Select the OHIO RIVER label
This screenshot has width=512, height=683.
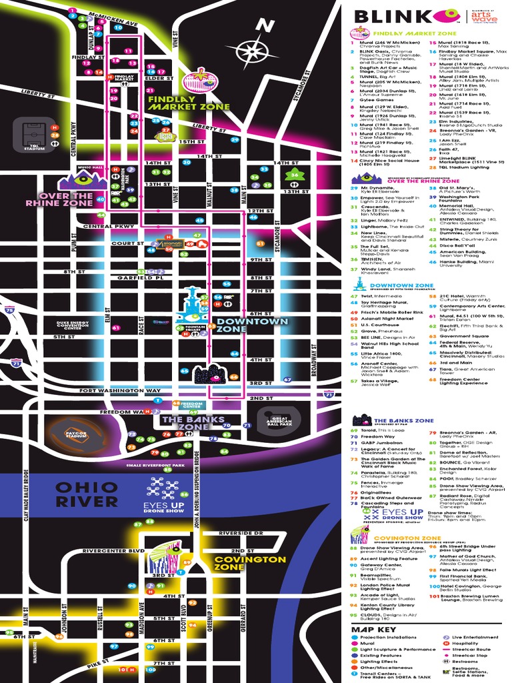pos(87,494)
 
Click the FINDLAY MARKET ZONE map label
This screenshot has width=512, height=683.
pos(189,102)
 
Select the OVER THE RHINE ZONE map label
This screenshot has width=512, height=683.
pos(60,199)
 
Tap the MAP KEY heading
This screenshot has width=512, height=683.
pos(374,629)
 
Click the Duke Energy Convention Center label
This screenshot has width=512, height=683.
pos(78,325)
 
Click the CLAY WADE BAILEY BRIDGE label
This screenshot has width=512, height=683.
pos(27,490)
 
